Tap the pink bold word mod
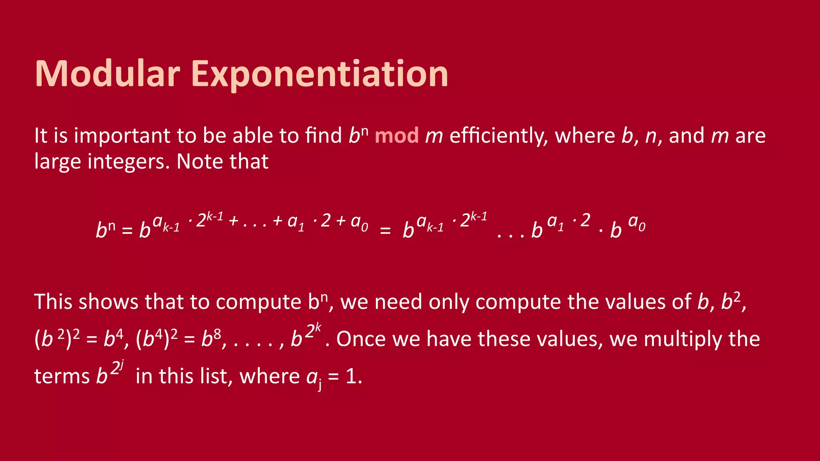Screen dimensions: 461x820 [x=396, y=136]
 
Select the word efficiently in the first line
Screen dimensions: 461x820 [x=498, y=136]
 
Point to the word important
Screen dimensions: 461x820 [x=123, y=136]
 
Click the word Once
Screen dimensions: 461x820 [x=361, y=339]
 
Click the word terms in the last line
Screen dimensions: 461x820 [x=62, y=376]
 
